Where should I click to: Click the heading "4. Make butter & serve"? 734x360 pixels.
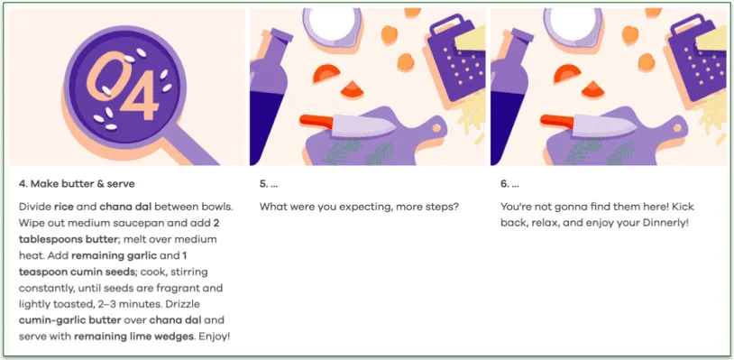[77, 184]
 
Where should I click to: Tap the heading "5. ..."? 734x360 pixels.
[269, 184]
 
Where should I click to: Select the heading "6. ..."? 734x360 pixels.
[509, 184]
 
